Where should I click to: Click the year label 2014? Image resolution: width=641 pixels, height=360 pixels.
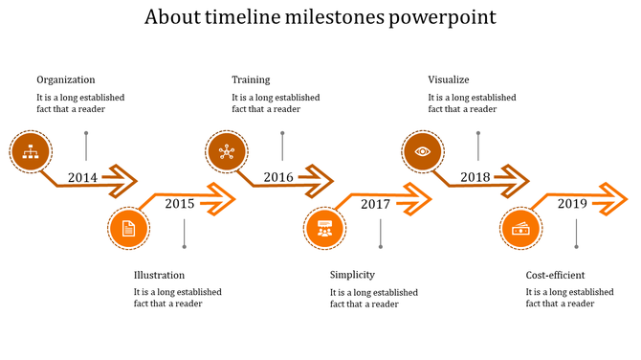(83, 177)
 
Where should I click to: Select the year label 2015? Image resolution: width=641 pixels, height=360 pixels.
(180, 203)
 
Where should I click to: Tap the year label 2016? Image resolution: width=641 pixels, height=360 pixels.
(278, 177)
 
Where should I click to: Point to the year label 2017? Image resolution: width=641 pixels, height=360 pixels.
(375, 203)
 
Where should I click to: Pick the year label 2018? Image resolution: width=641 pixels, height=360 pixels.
(475, 177)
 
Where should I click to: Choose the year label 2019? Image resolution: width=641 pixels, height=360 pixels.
(572, 203)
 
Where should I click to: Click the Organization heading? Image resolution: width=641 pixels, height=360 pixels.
(66, 79)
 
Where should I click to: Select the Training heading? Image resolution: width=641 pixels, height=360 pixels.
(251, 79)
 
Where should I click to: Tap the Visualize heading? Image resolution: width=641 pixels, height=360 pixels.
(449, 79)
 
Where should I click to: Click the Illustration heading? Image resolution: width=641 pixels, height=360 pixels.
(160, 275)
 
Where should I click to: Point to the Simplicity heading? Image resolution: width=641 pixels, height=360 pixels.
(351, 275)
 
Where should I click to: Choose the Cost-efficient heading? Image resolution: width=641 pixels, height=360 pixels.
(555, 275)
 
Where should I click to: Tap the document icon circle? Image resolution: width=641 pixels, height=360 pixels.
(128, 229)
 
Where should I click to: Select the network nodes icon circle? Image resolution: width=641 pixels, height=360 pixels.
(227, 150)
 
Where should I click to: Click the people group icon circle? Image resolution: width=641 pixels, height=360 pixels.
(324, 229)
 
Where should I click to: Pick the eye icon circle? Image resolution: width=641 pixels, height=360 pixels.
(422, 150)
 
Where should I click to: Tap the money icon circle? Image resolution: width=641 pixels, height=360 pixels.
(521, 229)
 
